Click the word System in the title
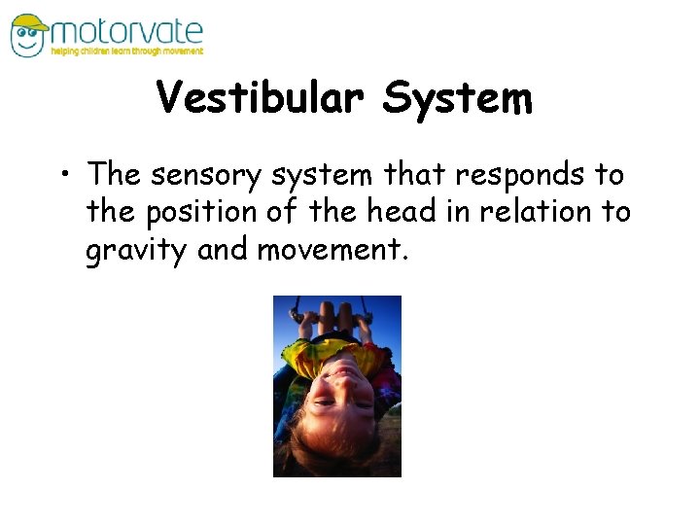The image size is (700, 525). point(458,98)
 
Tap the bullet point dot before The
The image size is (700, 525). point(71,176)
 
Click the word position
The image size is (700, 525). point(211,211)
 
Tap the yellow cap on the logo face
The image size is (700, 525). point(29,22)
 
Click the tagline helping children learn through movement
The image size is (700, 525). point(126,52)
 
